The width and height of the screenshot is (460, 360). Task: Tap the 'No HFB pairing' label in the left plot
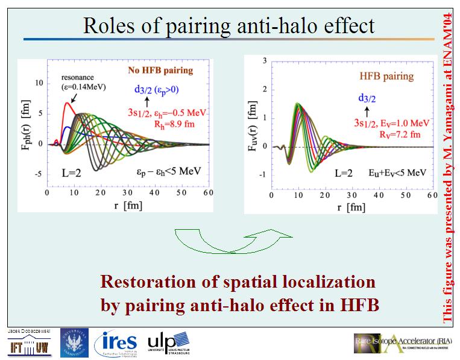click(160, 71)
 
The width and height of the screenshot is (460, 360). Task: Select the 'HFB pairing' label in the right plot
click(386, 77)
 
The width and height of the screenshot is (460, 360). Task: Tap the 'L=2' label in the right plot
click(347, 172)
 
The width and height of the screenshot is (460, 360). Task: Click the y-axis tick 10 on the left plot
click(39, 82)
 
